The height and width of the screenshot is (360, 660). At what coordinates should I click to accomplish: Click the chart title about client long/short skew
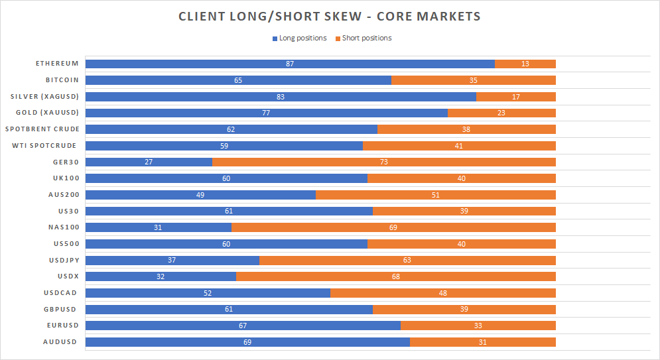pyautogui.click(x=329, y=17)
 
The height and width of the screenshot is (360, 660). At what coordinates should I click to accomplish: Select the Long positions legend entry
pyautogui.click(x=302, y=38)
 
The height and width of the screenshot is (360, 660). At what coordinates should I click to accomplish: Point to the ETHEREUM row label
pyautogui.click(x=57, y=64)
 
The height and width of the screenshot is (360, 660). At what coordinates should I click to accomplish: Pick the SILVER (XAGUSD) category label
pyautogui.click(x=44, y=96)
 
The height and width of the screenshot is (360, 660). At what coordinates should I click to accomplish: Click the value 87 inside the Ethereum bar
pyautogui.click(x=290, y=64)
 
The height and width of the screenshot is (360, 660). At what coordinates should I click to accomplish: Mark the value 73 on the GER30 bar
pyautogui.click(x=383, y=161)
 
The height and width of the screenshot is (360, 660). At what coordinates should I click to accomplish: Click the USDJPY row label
pyautogui.click(x=62, y=259)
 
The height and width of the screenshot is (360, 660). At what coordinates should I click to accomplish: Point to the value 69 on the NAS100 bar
pyautogui.click(x=393, y=227)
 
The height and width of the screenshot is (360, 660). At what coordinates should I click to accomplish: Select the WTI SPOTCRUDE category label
pyautogui.click(x=45, y=145)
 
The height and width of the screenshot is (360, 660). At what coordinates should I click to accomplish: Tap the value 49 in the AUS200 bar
pyautogui.click(x=200, y=194)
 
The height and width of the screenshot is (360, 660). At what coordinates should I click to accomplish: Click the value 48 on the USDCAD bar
pyautogui.click(x=442, y=292)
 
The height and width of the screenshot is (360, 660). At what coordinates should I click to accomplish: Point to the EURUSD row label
pyautogui.click(x=62, y=325)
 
